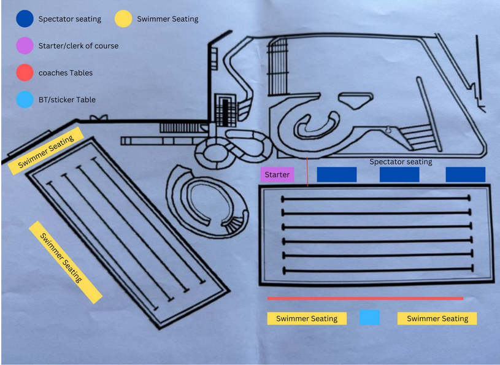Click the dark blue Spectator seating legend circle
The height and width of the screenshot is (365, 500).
coord(25,19)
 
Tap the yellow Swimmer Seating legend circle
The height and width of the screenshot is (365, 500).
coord(124,19)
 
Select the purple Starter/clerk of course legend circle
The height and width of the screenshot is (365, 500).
coord(25,46)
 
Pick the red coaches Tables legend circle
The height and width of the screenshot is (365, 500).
coord(25,72)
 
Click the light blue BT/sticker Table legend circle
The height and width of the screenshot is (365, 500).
coord(25,99)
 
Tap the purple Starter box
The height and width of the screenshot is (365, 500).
coord(277,175)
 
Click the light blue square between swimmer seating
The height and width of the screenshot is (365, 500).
coord(369,317)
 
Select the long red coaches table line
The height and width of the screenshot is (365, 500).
coord(365,299)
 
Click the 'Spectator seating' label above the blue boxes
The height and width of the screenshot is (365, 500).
coord(401,162)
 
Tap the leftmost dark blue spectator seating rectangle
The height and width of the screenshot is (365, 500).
coord(336,174)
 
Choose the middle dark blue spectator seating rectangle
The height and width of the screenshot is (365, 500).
coord(399,174)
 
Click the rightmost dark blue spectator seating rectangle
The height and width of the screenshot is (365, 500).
coord(465,174)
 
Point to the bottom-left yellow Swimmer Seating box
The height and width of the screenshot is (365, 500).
coord(307,318)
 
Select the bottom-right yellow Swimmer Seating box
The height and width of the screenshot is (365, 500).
coord(437,318)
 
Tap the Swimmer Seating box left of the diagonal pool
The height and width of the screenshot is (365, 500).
coord(65,262)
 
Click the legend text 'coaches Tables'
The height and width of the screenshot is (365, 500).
coord(66,73)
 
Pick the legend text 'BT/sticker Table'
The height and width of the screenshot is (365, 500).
coord(67,99)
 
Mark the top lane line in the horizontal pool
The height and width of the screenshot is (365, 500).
coord(375,199)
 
